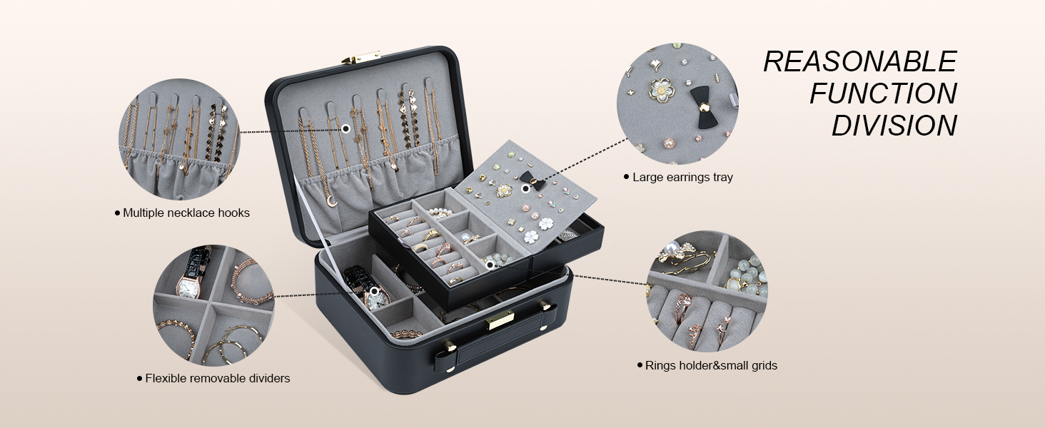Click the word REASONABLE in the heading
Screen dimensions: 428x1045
point(859,62)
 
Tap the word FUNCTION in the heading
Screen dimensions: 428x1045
point(883,93)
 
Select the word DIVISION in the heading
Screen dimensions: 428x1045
point(894,126)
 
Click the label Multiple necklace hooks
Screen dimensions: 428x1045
point(186,213)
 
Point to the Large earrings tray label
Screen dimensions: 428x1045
point(682,177)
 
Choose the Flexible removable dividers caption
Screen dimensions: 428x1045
point(217,378)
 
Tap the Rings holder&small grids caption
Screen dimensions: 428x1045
point(711,365)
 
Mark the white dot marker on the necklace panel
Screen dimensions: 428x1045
point(345,128)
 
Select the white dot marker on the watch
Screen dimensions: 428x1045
point(373,290)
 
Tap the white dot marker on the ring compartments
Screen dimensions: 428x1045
point(490,265)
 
